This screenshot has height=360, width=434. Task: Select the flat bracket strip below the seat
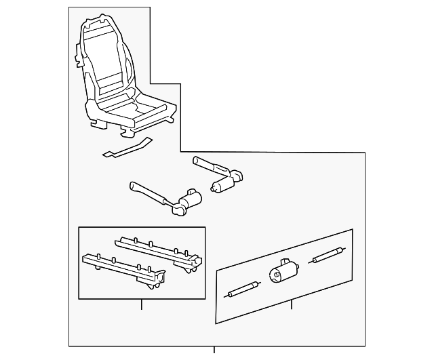click(x=126, y=148)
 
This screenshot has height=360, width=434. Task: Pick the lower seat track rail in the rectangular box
click(x=122, y=267)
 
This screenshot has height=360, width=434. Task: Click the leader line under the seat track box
click(x=142, y=304)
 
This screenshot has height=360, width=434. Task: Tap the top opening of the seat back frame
click(x=103, y=26)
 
